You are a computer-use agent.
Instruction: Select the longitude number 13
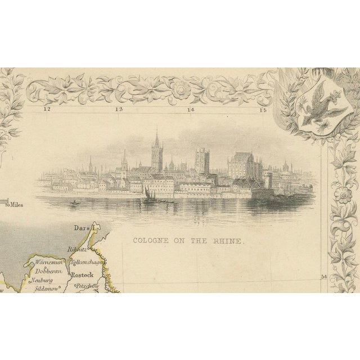(x=119, y=110)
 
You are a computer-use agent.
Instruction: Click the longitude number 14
(x=191, y=110)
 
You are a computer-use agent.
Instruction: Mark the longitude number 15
(x=262, y=110)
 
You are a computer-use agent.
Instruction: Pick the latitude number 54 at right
(x=323, y=276)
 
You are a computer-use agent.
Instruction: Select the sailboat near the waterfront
(x=148, y=194)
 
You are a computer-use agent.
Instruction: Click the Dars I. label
(x=87, y=228)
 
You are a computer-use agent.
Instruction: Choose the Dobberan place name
(x=46, y=271)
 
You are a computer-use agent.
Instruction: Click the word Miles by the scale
(x=15, y=205)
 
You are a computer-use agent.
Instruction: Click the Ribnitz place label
(x=75, y=250)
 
